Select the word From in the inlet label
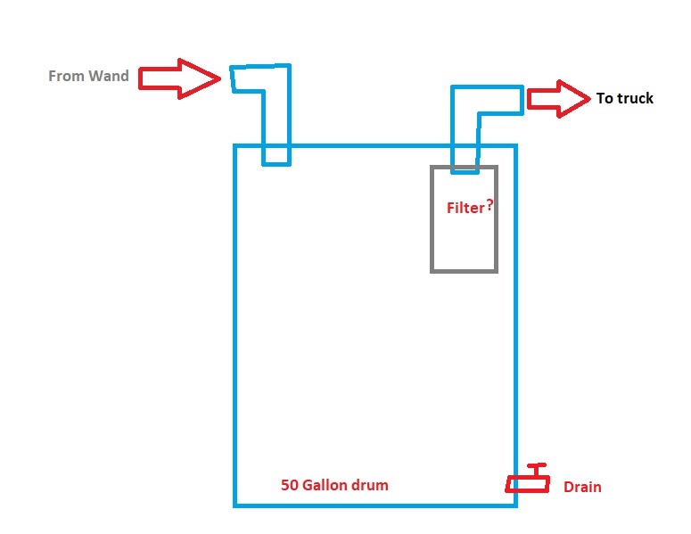click(x=66, y=77)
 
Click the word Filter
click(x=464, y=208)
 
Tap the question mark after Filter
click(x=489, y=205)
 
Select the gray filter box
click(x=464, y=241)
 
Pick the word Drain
click(x=582, y=487)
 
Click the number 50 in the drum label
click(x=289, y=486)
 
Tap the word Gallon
click(x=326, y=486)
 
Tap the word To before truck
click(x=605, y=98)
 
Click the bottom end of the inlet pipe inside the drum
click(x=276, y=163)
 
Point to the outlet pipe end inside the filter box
click(x=465, y=168)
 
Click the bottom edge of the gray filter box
click(x=464, y=270)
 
